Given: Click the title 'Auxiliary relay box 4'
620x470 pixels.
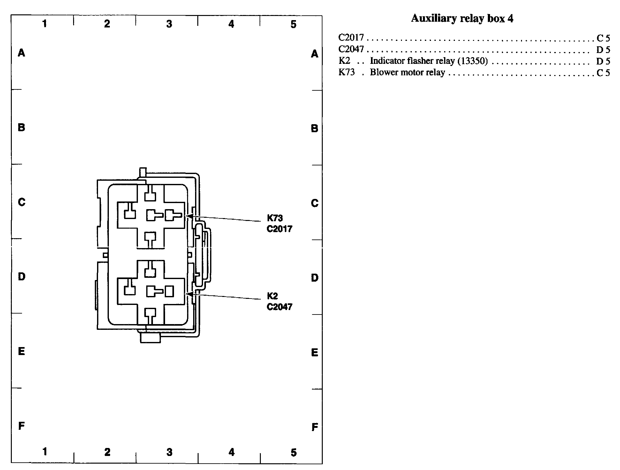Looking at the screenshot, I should click(462, 18).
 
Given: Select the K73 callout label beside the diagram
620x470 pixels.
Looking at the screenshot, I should click(275, 218).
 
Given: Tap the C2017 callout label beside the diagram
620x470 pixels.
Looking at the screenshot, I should click(279, 229).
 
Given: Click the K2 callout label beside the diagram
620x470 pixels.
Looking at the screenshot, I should click(272, 296).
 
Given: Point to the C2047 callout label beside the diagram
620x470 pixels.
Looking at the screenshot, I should click(279, 307).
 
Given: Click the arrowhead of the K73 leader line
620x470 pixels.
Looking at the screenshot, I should click(188, 216).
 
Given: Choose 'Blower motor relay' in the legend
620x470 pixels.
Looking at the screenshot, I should click(407, 72).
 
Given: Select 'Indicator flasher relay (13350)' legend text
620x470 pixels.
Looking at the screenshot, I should click(429, 61).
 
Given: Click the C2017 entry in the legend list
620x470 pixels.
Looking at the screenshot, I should click(351, 38).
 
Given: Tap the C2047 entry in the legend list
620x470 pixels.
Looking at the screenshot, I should click(351, 49).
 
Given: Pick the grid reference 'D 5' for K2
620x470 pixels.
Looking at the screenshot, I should click(603, 61).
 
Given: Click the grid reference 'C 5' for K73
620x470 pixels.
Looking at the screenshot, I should click(603, 73).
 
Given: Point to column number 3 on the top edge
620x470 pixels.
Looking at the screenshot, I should click(169, 24).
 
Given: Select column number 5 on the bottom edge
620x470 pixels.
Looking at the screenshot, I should click(293, 452).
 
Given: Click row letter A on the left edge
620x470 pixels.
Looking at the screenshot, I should click(21, 53).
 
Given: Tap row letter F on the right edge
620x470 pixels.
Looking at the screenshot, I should click(314, 427).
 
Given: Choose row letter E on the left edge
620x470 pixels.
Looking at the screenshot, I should click(21, 352).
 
